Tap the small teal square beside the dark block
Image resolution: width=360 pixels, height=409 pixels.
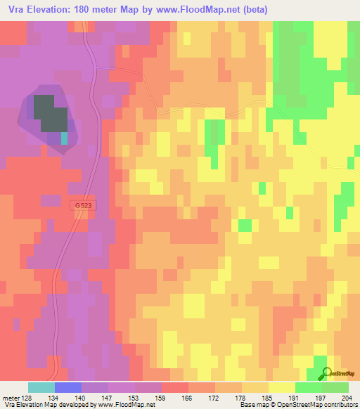point(65,138)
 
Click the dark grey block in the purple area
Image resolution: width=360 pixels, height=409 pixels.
point(49,112)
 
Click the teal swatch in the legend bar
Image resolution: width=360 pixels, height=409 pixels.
point(41,387)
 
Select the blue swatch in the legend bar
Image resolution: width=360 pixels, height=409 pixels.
point(68,387)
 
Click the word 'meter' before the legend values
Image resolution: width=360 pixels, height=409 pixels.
point(11,398)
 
